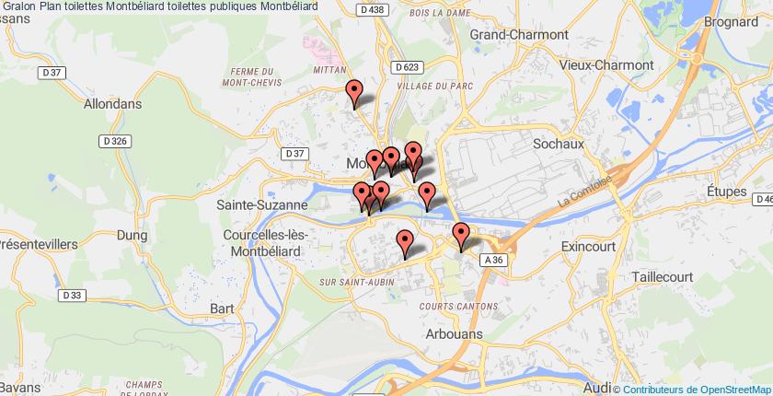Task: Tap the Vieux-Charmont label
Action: pos(606,65)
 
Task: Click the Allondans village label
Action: pos(112,104)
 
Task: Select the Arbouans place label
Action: pos(455,334)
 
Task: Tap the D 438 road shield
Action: pos(372,8)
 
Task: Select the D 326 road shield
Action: pos(113,141)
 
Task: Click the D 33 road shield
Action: pos(74,295)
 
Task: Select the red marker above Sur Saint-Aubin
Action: pos(404,243)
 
